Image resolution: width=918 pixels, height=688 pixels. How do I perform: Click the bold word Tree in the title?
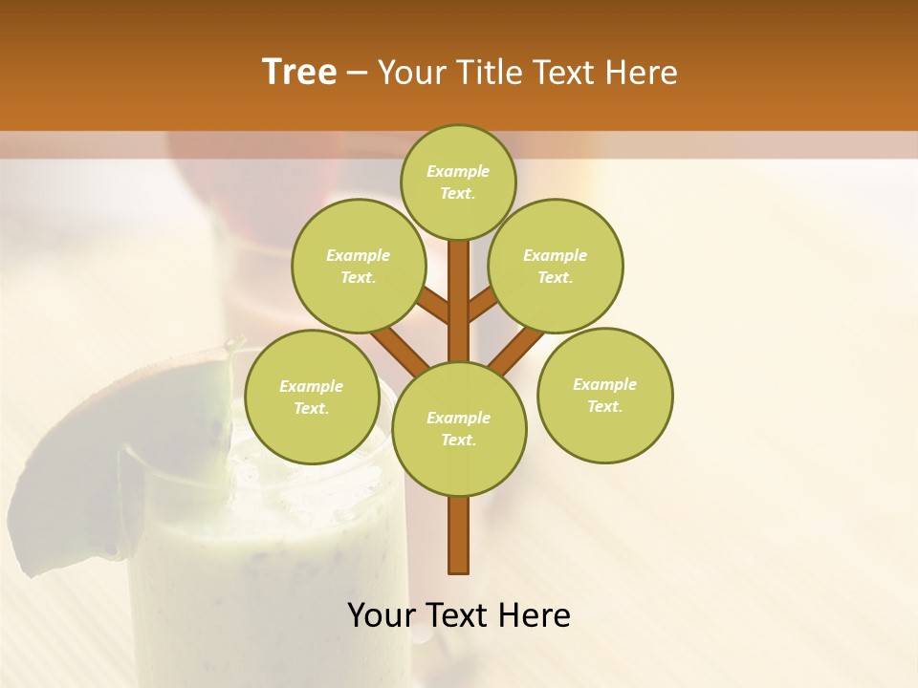tap(299, 72)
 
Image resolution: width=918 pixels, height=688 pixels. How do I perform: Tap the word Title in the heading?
tap(491, 72)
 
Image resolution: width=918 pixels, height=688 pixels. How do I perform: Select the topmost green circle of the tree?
tap(458, 182)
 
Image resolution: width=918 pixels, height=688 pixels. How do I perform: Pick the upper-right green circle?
tap(555, 266)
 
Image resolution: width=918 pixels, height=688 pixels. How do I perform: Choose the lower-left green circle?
tap(312, 397)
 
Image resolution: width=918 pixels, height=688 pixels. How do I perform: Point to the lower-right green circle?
tap(604, 395)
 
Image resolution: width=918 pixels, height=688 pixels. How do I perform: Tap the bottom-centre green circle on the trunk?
tap(459, 428)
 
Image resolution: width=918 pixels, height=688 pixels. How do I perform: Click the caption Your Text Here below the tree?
tap(458, 615)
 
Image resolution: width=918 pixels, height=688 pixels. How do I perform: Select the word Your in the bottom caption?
tap(382, 615)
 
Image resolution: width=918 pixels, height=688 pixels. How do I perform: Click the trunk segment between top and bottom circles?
tap(459, 301)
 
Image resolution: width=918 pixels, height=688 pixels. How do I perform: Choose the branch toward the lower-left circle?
tap(400, 349)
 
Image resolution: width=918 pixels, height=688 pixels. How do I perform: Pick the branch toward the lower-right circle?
tap(516, 349)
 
